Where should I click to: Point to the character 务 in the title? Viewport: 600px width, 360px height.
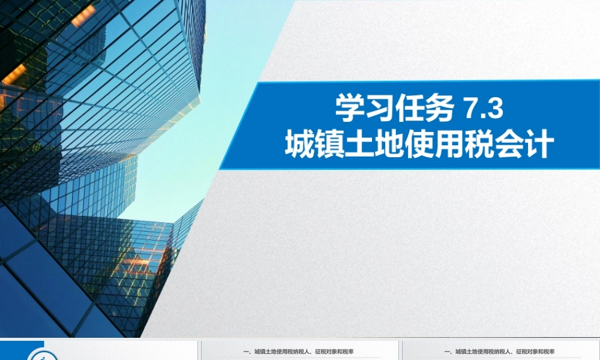pyautogui.click(x=439, y=110)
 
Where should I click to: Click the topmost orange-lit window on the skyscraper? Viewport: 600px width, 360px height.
pyautogui.click(x=83, y=15)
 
